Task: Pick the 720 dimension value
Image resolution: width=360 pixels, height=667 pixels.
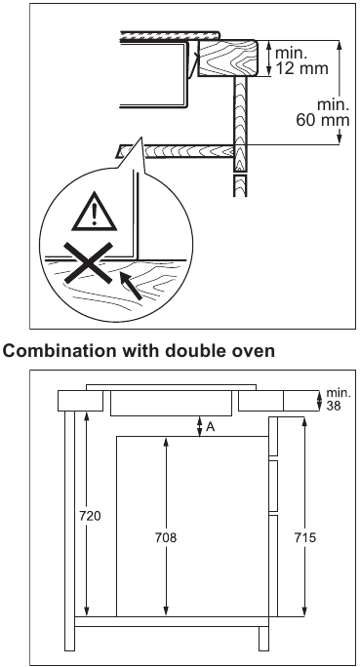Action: [x=89, y=514]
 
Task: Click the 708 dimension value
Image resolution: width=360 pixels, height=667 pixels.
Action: [x=168, y=536]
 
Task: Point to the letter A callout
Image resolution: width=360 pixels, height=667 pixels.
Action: [x=212, y=426]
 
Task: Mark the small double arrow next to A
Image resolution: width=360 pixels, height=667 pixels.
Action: [x=199, y=426]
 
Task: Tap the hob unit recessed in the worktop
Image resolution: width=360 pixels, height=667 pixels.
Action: [x=171, y=402]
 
